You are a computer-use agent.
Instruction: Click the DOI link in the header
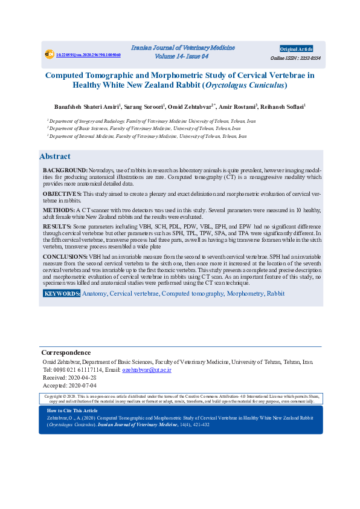[88, 55]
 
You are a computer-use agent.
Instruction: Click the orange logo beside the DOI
[50, 54]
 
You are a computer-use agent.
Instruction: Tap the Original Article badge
[296, 49]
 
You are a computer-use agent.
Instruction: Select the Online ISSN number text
[296, 58]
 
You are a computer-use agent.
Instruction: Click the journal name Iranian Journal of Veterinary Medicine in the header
[182, 48]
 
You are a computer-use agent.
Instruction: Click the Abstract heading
[55, 157]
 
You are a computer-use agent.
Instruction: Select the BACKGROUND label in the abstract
[65, 170]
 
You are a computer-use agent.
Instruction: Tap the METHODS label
[59, 209]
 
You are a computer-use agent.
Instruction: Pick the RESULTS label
[57, 226]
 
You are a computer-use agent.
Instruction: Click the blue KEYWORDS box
[62, 293]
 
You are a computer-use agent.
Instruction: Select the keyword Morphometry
[245, 293]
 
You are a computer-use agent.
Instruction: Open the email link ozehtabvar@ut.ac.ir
[147, 369]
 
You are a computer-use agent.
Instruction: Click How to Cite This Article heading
[72, 410]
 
